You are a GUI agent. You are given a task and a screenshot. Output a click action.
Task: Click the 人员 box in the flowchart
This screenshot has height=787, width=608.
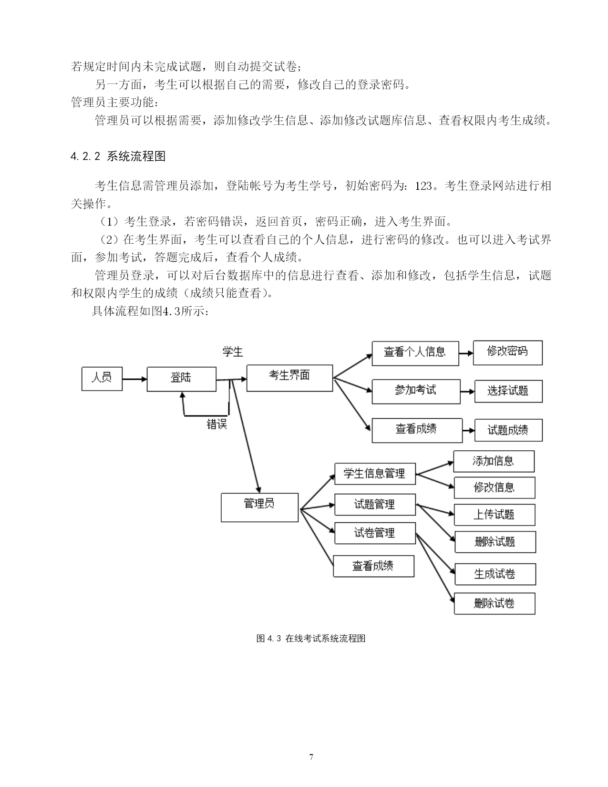102,379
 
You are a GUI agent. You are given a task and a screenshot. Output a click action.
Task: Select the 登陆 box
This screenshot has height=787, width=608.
181,379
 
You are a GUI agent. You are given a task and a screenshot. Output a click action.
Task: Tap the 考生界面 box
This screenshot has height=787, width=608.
290,378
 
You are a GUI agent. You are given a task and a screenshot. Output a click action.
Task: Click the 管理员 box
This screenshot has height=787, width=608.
259,507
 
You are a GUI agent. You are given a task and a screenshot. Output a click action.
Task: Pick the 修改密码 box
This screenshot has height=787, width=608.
508,352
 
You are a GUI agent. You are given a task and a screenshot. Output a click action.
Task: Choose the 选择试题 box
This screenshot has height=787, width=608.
508,391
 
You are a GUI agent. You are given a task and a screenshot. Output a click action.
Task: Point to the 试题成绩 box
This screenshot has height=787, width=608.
508,430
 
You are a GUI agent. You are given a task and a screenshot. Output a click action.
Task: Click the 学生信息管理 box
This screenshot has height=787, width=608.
375,474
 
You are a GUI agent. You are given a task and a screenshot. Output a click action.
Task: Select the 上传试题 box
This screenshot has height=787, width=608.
495,515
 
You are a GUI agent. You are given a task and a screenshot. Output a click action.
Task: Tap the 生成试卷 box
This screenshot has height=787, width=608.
495,574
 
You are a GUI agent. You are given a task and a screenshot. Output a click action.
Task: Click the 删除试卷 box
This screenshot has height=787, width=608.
495,603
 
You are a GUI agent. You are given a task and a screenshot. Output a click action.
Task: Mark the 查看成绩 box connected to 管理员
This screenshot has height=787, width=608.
374,566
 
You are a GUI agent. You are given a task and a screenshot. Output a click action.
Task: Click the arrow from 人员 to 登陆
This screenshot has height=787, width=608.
134,379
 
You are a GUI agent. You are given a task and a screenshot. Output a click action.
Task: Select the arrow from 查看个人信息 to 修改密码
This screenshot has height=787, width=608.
466,353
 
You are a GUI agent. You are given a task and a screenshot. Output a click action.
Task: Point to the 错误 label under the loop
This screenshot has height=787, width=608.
217,424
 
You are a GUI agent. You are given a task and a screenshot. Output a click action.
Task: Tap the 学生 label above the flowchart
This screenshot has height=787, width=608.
233,352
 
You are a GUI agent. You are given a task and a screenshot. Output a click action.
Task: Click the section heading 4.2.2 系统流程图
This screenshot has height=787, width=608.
118,156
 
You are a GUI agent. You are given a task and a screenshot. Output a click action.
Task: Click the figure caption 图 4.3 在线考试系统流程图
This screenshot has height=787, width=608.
311,639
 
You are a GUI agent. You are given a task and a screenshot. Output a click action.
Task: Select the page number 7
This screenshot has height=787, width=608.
311,757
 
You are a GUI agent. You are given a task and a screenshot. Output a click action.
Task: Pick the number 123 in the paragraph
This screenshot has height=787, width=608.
423,186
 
